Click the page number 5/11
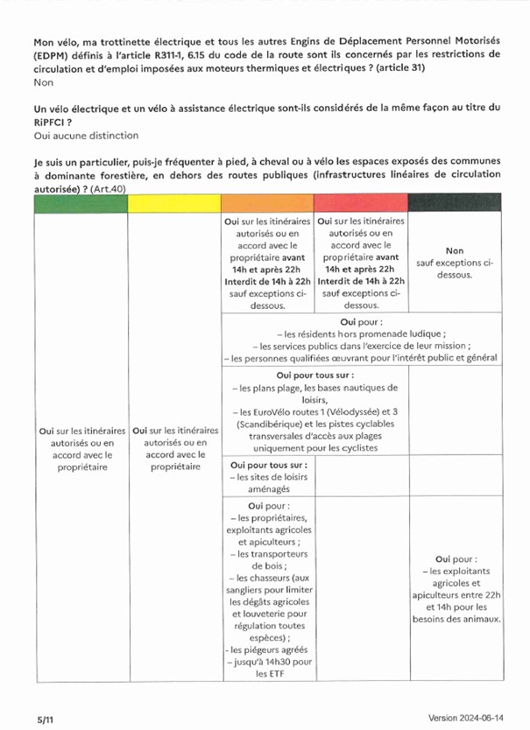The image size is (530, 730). point(21,717)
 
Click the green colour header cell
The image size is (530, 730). point(81,203)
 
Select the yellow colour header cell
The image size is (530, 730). point(174,203)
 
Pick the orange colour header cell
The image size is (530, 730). point(267,203)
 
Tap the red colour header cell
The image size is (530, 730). point(360,203)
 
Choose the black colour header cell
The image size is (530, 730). point(455,203)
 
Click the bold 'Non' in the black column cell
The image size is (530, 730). point(455,250)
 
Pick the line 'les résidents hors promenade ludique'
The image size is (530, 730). point(361,333)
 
